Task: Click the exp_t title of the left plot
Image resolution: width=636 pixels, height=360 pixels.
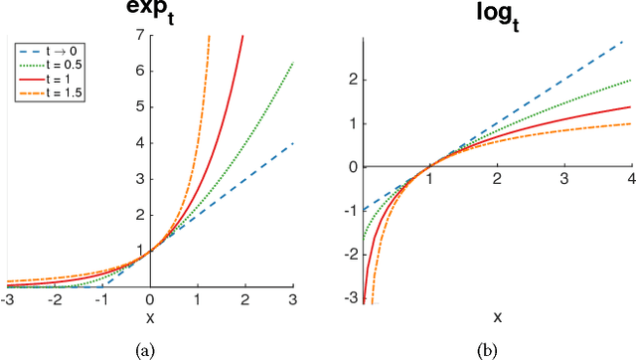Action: point(149,13)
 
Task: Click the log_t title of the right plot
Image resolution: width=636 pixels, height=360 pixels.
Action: point(498,13)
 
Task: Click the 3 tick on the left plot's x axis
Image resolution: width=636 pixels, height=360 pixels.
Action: point(292,299)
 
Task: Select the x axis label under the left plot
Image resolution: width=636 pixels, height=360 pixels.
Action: point(149,317)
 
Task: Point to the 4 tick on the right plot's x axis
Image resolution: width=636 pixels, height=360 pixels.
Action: point(632,177)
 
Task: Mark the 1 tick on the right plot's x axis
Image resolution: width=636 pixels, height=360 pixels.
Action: point(430,177)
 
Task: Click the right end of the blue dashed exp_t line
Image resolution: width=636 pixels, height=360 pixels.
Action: point(292,143)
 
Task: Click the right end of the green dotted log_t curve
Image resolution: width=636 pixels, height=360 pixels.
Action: point(631,80)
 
